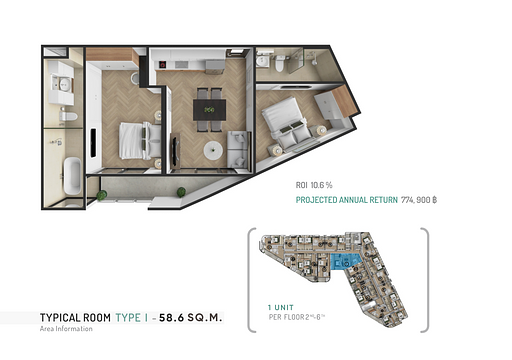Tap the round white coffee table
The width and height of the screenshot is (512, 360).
[x=213, y=151]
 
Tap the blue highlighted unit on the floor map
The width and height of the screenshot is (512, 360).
[x=343, y=263]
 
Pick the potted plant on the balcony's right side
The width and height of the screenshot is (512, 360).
[x=181, y=192]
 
